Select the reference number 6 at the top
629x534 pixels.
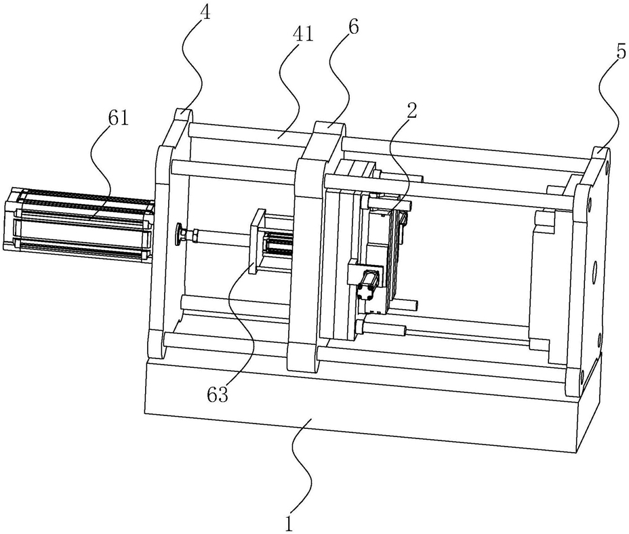(x=354, y=27)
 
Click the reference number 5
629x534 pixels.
(x=621, y=53)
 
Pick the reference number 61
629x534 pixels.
(x=118, y=119)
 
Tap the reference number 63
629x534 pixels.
(x=218, y=395)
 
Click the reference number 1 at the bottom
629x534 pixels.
(x=289, y=523)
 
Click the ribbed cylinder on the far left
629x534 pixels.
(x=78, y=226)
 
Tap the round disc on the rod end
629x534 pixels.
(x=178, y=234)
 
